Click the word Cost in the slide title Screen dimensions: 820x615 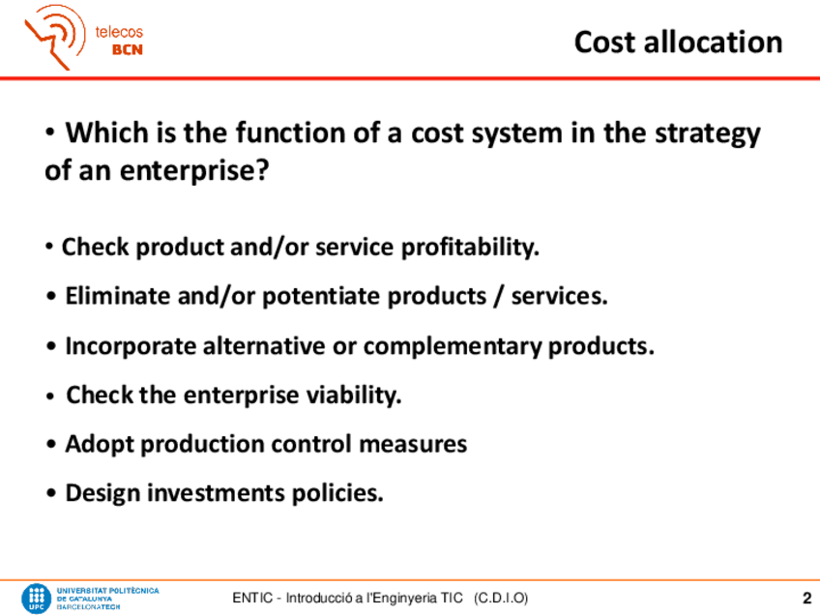[604, 42]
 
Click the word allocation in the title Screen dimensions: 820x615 [714, 42]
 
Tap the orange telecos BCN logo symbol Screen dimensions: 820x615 [55, 37]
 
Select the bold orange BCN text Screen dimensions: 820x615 [127, 49]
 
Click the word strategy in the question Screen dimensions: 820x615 [708, 134]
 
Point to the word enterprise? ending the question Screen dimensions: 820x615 [194, 171]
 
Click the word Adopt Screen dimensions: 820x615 [99, 445]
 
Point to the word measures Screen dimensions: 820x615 [413, 445]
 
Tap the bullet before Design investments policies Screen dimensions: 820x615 [50, 493]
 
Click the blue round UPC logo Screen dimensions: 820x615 [36, 599]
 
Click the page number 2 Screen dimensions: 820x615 [806, 598]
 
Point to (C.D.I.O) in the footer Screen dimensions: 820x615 [501, 598]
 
